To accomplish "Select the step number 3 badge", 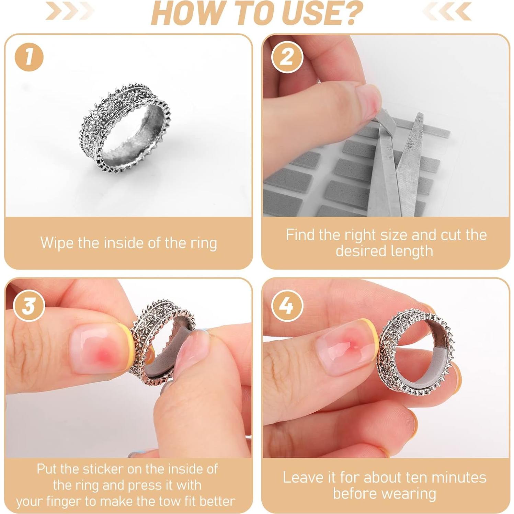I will click(29, 305).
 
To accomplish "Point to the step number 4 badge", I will click(287, 305).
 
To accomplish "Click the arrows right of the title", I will click(447, 11).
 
